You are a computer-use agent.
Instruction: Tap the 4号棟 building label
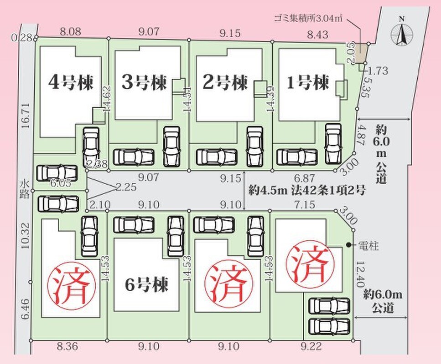[71, 82]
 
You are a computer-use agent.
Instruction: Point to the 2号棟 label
[225, 82]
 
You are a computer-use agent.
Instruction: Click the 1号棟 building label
[308, 82]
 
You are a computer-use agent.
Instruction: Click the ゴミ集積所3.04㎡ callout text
[308, 19]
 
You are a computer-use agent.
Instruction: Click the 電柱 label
[368, 246]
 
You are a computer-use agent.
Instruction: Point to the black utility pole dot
[349, 245]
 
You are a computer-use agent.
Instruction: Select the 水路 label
[25, 189]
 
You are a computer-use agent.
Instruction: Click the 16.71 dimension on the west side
[26, 116]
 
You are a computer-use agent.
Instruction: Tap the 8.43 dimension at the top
[317, 35]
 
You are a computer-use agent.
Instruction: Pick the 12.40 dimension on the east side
[360, 274]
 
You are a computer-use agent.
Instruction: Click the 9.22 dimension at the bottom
[311, 347]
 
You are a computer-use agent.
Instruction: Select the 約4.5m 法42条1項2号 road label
[307, 191]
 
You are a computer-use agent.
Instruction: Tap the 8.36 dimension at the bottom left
[67, 347]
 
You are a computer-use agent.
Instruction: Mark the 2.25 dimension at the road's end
[126, 187]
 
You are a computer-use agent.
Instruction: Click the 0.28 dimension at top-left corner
[21, 38]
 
